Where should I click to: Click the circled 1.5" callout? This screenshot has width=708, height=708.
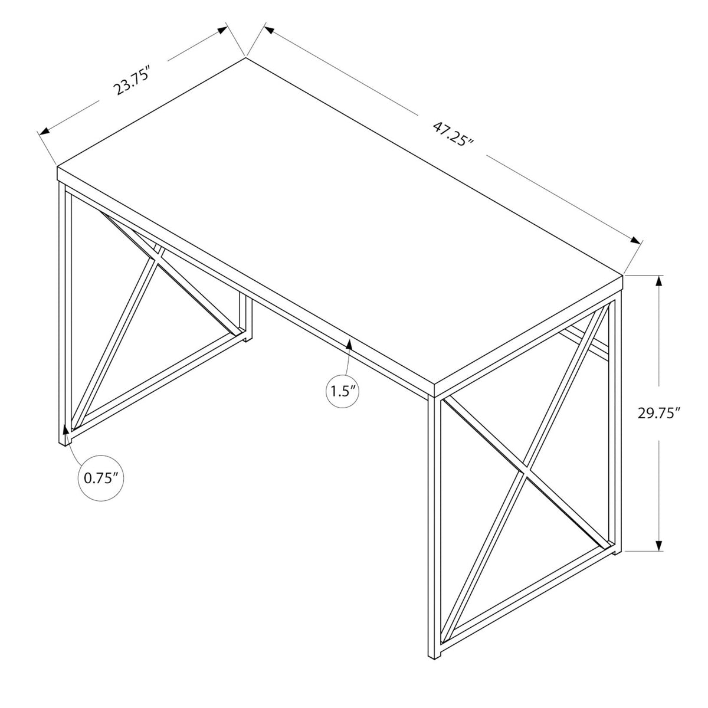point(342,391)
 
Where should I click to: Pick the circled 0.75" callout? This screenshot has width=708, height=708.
point(101,478)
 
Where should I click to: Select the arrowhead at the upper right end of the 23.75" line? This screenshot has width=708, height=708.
point(222,29)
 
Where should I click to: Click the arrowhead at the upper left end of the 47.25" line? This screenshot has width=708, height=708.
point(269,30)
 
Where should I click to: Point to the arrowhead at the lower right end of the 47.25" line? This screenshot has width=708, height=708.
point(635,240)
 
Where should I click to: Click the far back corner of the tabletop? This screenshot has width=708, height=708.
point(245,57)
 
